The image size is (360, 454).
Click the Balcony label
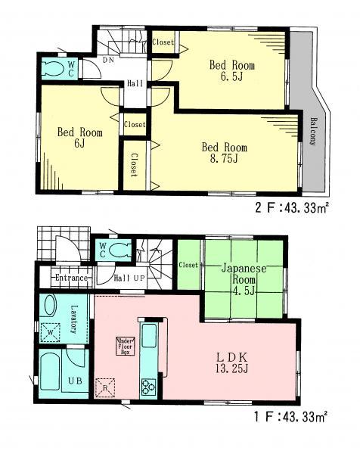(x=311, y=131)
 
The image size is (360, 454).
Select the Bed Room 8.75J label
(x=223, y=152)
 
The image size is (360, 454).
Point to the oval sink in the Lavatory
(x=50, y=306)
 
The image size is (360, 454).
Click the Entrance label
(x=72, y=278)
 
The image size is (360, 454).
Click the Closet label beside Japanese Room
(x=188, y=266)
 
